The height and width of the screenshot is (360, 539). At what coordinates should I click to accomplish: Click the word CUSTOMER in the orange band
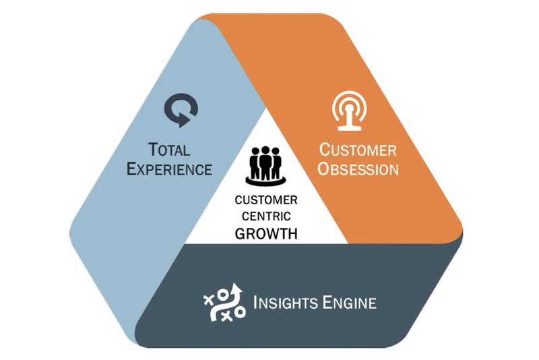pos(358,149)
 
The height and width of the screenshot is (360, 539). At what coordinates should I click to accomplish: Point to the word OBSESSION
pos(358,169)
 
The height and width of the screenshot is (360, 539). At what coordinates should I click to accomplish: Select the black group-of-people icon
pos(265,165)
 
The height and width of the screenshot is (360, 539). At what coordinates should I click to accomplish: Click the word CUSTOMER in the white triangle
pos(266,200)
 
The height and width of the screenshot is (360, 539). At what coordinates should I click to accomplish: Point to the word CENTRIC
pos(266,216)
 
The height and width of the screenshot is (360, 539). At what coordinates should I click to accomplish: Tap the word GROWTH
pos(266,234)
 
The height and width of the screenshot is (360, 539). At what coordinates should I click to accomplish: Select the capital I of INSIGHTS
pos(256,302)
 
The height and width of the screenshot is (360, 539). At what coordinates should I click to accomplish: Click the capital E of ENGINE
pos(325,302)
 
